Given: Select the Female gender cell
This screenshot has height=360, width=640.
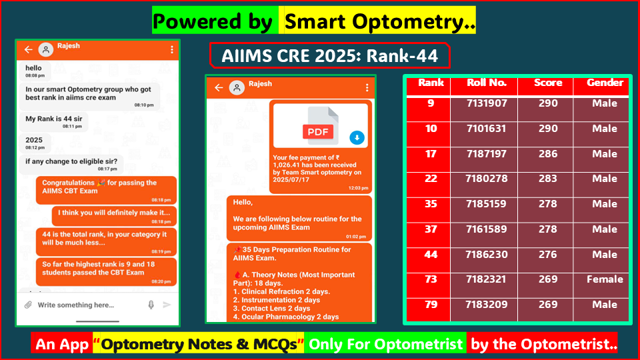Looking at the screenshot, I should tap(605, 279).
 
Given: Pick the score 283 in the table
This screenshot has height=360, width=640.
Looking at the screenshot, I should tap(547, 179).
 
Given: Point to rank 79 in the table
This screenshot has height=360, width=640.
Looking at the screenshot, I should tap(431, 305).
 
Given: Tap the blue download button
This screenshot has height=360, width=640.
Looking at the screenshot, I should tap(357, 138).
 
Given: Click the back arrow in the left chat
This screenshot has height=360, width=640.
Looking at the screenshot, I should tap(28, 49).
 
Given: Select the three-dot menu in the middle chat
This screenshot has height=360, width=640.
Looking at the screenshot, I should tap(367, 87).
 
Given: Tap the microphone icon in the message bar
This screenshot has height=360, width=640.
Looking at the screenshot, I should tap(151, 305).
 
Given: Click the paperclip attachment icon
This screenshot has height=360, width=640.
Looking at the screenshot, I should tap(28, 305).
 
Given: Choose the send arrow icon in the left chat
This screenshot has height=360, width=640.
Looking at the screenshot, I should tap(167, 305).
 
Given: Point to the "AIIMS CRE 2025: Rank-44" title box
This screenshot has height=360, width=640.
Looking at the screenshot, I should tap(330, 56).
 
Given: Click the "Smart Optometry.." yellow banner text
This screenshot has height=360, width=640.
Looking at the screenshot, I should tap(379, 22).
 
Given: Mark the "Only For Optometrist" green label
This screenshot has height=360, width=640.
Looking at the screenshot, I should tap(385, 344).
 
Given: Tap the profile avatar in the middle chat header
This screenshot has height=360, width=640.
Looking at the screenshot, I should tap(237, 87).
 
